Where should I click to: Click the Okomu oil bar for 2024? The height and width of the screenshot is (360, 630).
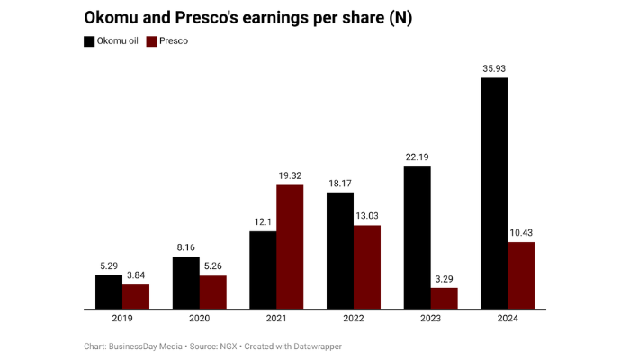tap(494, 193)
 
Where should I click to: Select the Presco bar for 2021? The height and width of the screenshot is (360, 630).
tap(290, 247)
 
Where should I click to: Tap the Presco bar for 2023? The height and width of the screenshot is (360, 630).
tap(444, 299)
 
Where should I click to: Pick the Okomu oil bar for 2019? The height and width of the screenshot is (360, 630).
tap(109, 292)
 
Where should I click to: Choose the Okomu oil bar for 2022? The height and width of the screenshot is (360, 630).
tap(340, 251)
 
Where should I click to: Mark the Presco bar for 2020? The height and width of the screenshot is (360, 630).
tap(212, 292)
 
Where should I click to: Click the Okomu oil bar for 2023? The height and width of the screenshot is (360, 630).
tap(418, 238)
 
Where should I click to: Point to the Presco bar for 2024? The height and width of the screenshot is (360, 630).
tap(521, 275)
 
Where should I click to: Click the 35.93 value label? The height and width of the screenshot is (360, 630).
tap(494, 67)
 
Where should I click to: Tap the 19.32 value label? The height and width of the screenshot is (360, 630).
tap(290, 175)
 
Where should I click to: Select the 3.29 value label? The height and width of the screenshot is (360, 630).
tap(444, 278)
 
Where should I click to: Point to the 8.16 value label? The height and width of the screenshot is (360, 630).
tap(186, 247)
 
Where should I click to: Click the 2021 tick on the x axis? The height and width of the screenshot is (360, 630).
tap(276, 319)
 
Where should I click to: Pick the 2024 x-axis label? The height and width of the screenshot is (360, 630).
tap(508, 319)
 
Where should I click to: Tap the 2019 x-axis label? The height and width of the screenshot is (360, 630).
tap(122, 319)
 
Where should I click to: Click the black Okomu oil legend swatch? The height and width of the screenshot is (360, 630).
tap(89, 41)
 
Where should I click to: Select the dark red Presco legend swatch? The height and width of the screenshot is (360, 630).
tap(153, 41)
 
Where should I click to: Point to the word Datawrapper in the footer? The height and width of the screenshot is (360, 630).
tap(313, 346)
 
